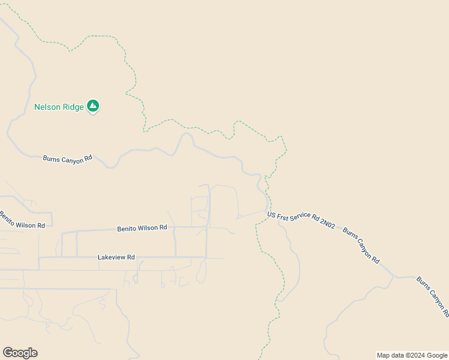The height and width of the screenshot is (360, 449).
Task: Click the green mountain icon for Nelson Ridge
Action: click(93, 106)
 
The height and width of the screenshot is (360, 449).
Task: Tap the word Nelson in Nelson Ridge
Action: click(47, 107)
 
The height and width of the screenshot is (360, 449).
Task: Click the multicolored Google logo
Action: click(20, 353)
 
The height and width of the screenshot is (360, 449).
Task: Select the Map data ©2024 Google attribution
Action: click(412, 355)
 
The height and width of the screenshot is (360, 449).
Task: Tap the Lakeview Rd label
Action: click(116, 257)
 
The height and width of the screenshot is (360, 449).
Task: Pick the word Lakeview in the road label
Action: click(111, 257)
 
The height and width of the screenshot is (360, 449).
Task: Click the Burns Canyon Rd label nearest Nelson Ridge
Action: click(67, 159)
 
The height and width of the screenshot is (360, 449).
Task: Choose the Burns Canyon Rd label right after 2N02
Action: click(361, 245)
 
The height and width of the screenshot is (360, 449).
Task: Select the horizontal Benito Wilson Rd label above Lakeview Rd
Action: click(142, 228)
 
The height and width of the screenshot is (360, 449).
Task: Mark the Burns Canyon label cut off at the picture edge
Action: click(432, 296)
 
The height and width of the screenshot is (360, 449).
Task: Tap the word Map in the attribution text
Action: click(384, 355)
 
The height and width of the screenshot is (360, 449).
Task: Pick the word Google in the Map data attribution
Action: click(436, 355)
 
